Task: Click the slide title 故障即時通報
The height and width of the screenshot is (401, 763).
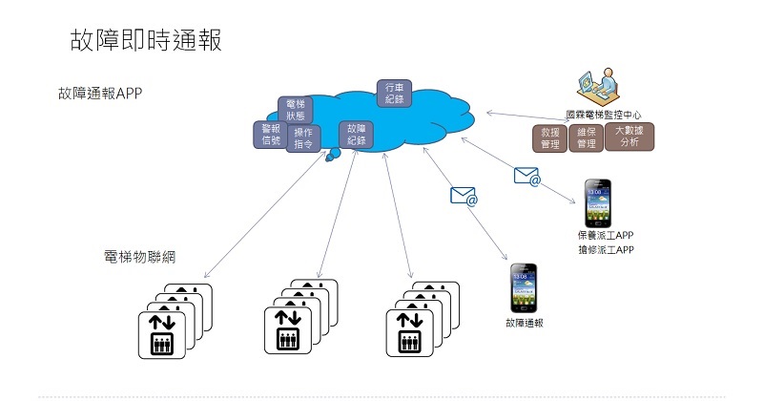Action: coord(146,39)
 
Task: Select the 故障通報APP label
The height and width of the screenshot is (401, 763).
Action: coord(99,95)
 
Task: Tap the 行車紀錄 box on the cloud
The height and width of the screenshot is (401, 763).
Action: coord(395,92)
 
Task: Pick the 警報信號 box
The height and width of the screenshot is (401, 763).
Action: coord(271,135)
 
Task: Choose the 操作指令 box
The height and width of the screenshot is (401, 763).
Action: coord(303,138)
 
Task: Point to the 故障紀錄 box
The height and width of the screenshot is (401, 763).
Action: coord(357,135)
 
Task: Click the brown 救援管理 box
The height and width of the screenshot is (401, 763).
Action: coord(549,137)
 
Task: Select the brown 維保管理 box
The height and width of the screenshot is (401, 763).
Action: coord(586,137)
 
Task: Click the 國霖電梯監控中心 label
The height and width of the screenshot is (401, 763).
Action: coord(603,114)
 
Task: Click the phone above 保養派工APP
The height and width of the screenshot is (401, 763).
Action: coord(598,202)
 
